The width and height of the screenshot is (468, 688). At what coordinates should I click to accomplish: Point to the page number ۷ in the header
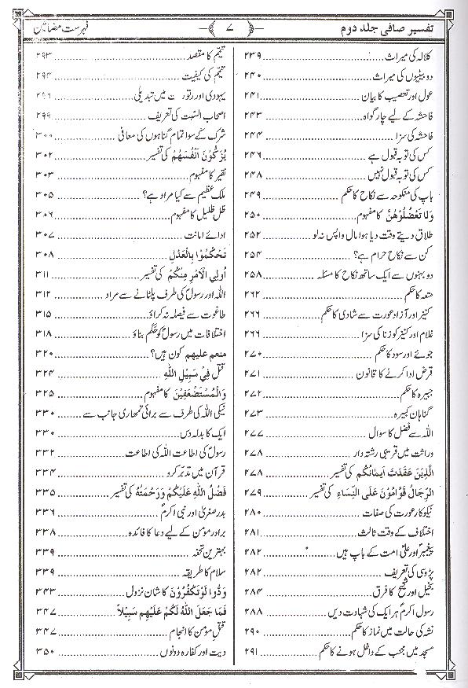click(233, 29)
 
